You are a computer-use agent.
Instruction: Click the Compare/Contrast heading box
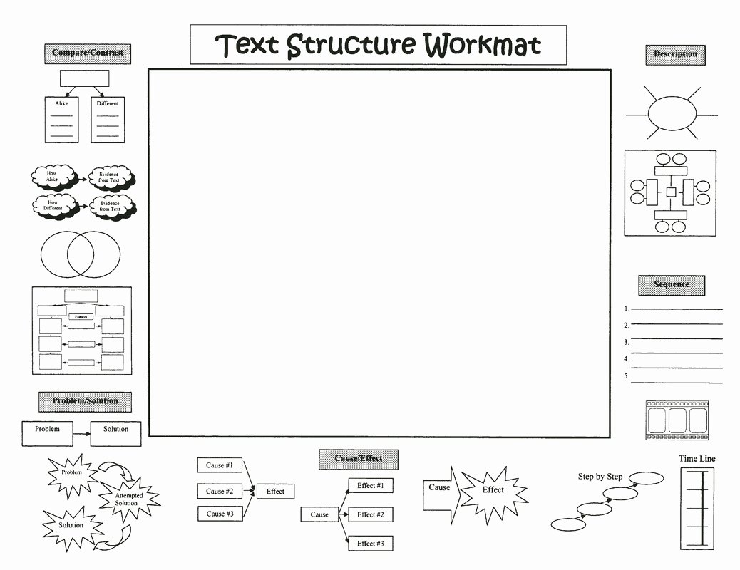tap(88, 53)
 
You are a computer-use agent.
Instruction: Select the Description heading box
tap(675, 55)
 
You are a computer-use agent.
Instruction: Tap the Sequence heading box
tap(671, 284)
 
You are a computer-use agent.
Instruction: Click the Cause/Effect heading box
tap(358, 459)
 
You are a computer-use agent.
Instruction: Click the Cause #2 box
tap(220, 491)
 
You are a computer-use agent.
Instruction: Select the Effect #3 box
tap(371, 544)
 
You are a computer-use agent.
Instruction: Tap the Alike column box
tap(61, 119)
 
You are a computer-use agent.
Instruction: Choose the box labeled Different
tap(108, 119)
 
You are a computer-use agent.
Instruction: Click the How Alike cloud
tap(53, 177)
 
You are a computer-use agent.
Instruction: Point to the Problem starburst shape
tap(72, 474)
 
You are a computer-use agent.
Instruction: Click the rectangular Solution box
tap(115, 430)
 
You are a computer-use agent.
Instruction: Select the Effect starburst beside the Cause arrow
tap(493, 491)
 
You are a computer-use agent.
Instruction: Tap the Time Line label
tap(697, 459)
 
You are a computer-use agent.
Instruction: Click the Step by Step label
tap(600, 477)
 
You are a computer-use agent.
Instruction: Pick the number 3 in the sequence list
tap(626, 342)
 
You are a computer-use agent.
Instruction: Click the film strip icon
tap(677, 419)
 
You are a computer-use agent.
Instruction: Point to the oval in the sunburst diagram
tap(670, 113)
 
